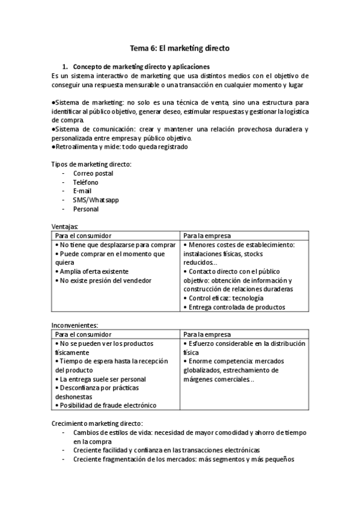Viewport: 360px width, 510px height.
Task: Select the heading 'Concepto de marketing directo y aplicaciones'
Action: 141,66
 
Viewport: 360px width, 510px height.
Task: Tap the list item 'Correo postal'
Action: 93,174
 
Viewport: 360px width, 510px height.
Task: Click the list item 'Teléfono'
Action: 85,182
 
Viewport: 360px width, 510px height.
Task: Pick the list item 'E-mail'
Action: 82,191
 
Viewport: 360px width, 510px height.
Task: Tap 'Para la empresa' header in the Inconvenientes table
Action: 207,334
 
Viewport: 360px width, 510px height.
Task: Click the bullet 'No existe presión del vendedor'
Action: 105,280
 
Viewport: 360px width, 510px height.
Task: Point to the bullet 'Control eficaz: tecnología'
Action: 225,298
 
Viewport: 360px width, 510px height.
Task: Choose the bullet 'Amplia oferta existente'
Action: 94,271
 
